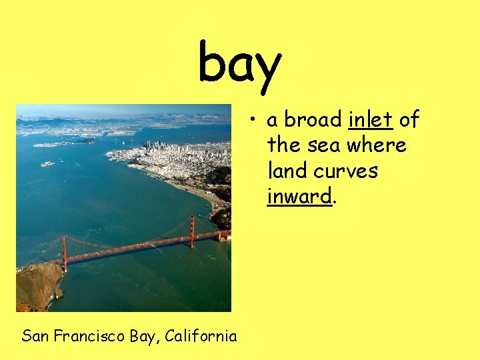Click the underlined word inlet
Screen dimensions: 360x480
click(370, 119)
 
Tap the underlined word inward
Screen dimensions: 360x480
click(299, 197)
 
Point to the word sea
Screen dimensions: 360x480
click(323, 145)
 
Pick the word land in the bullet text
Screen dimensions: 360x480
click(286, 171)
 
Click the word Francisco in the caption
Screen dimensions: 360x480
click(87, 335)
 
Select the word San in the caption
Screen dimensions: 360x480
click(34, 335)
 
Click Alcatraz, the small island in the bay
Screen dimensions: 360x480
click(47, 163)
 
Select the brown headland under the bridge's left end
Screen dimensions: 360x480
click(39, 285)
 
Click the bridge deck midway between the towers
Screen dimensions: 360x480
click(128, 249)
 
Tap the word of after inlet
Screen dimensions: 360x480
click(409, 119)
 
